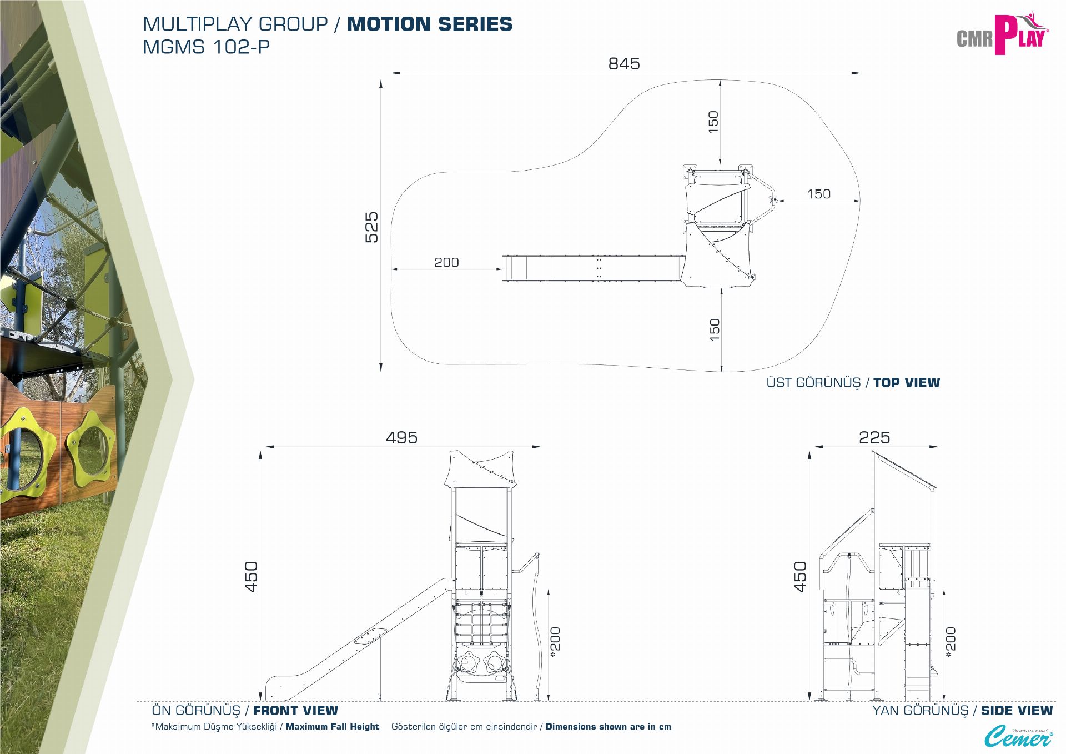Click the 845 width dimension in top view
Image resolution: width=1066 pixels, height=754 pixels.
pos(624,64)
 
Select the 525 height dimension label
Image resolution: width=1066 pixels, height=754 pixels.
pos(371,227)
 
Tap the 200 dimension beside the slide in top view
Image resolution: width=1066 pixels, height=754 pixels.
pos(446,262)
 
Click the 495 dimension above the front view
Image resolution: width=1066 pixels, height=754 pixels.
pos(401,438)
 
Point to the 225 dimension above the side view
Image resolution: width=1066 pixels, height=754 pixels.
pos(874,438)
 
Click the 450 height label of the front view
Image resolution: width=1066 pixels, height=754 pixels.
pos(252,577)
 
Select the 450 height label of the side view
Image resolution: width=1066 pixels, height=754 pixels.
pos(799,577)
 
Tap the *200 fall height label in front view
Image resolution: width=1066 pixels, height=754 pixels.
pos(555,642)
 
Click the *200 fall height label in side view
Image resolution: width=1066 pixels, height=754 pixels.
pos(951,642)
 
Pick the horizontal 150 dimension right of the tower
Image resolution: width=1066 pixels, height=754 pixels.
pos(818,194)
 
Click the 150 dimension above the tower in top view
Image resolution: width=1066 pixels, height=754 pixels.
pos(713,122)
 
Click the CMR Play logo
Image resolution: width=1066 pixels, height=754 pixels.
pos(1002,34)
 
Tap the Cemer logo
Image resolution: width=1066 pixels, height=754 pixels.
pos(1018,737)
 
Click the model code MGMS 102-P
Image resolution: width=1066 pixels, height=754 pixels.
pos(206,47)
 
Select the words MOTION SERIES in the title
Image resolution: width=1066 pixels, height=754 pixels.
pos(430,24)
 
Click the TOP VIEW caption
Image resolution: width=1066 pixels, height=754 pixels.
pos(906,383)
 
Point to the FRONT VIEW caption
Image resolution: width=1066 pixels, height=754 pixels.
pos(295,711)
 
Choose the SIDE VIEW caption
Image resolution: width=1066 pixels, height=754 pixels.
pos(1016,711)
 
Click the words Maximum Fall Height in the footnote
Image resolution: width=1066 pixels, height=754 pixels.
pos(332,727)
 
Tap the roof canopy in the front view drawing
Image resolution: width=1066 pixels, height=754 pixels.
pos(481,470)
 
